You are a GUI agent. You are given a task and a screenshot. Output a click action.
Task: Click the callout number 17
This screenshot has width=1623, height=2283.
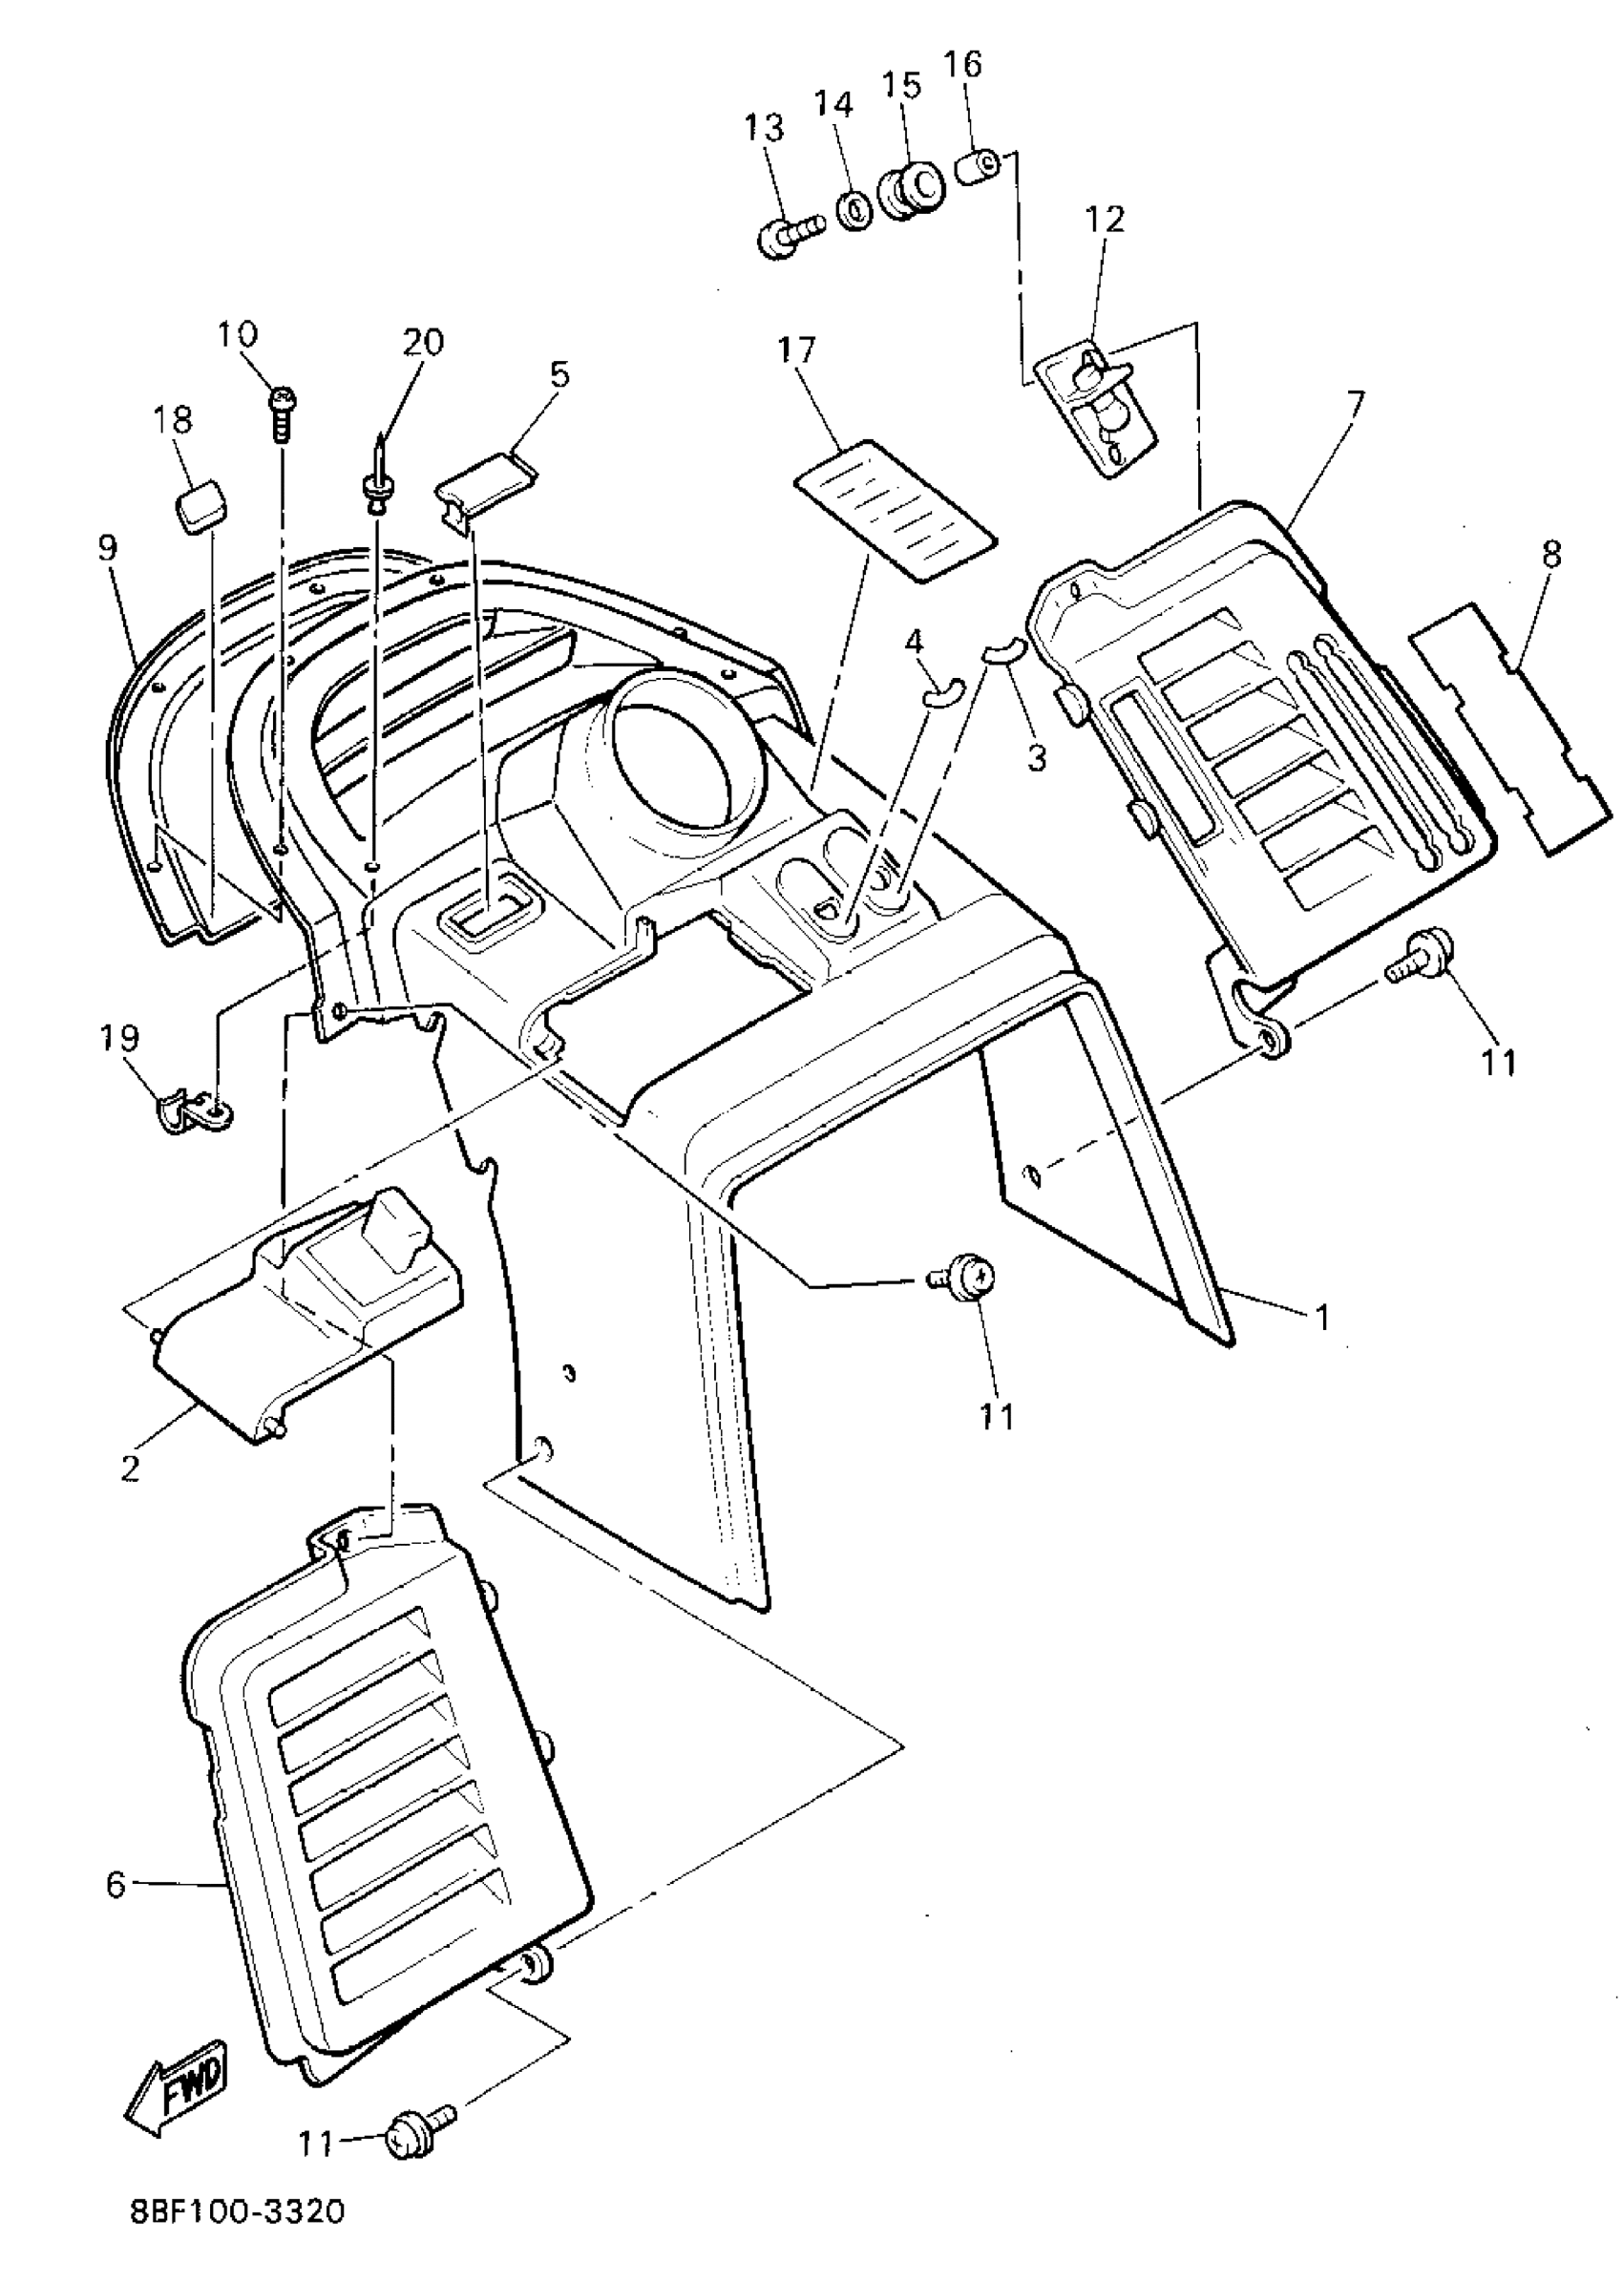(x=796, y=349)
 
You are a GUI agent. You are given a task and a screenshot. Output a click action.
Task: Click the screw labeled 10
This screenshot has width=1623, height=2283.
(x=280, y=412)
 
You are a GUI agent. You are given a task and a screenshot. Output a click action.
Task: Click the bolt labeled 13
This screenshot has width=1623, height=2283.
(x=787, y=235)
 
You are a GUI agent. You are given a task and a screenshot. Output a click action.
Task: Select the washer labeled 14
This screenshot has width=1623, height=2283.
(x=854, y=211)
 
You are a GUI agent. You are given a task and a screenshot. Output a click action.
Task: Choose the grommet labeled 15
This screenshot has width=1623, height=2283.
(x=911, y=191)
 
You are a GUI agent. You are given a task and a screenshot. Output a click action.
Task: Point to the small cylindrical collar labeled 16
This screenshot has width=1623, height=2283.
(x=979, y=166)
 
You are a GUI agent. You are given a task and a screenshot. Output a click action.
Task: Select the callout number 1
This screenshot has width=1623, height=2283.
(x=1322, y=1319)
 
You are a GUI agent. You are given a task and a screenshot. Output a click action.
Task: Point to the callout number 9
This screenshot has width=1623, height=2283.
(x=107, y=548)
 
